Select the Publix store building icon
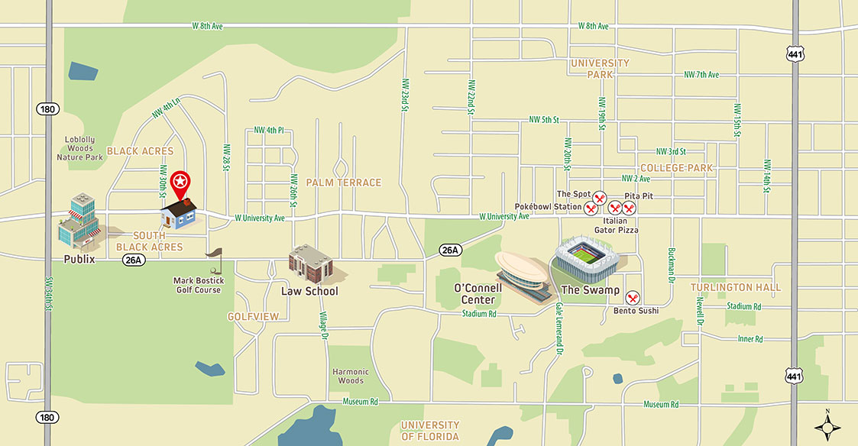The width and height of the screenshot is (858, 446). [79, 222]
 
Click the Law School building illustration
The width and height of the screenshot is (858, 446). [312, 264]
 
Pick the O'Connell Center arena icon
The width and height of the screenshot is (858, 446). [524, 273]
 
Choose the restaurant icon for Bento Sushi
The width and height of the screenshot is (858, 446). [633, 298]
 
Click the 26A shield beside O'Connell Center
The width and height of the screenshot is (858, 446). [451, 250]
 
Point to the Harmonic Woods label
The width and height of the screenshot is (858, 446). [350, 376]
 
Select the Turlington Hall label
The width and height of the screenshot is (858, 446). [736, 287]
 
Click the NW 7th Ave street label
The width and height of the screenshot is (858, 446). [701, 75]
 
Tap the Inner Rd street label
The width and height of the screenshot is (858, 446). [750, 338]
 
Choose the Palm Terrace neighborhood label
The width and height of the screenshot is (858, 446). [343, 183]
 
